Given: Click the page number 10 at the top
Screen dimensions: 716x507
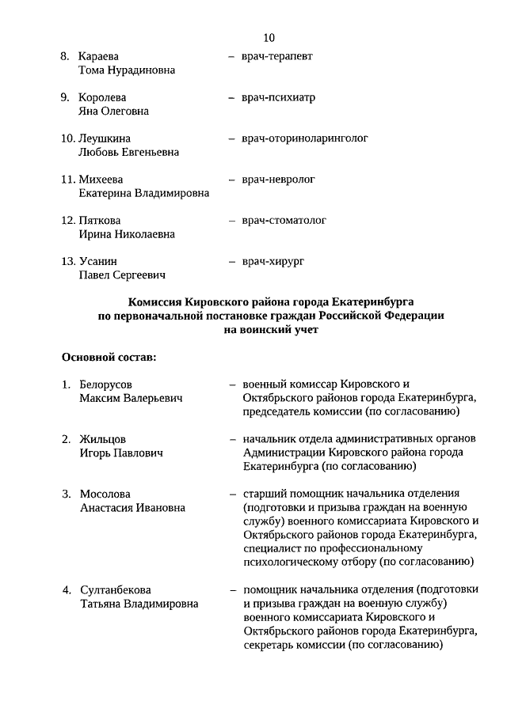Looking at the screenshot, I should (x=269, y=37).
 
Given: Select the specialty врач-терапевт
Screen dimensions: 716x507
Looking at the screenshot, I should (x=276, y=57).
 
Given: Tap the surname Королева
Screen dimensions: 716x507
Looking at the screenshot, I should (x=102, y=98).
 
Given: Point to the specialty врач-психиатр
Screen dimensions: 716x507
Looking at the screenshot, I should (x=278, y=98).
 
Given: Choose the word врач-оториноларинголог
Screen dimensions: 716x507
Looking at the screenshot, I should (x=305, y=138).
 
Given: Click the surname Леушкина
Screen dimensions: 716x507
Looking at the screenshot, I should (x=105, y=138).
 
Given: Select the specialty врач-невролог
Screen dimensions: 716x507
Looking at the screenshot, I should (x=278, y=180).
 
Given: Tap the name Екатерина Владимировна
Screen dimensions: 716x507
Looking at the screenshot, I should (x=144, y=193).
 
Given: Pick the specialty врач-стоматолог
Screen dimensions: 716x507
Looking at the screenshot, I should (x=284, y=221).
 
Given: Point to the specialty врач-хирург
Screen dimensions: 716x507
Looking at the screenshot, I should (x=273, y=261).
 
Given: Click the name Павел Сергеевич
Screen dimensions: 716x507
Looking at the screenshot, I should (x=121, y=275).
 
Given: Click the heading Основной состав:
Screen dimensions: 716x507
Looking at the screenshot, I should (x=109, y=358).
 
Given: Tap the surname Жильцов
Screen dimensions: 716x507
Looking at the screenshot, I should (x=102, y=439).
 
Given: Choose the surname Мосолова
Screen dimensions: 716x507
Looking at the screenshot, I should (x=105, y=494).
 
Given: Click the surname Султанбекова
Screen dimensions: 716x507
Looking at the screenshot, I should (x=116, y=590).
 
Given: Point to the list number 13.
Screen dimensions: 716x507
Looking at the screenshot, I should (x=68, y=261).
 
